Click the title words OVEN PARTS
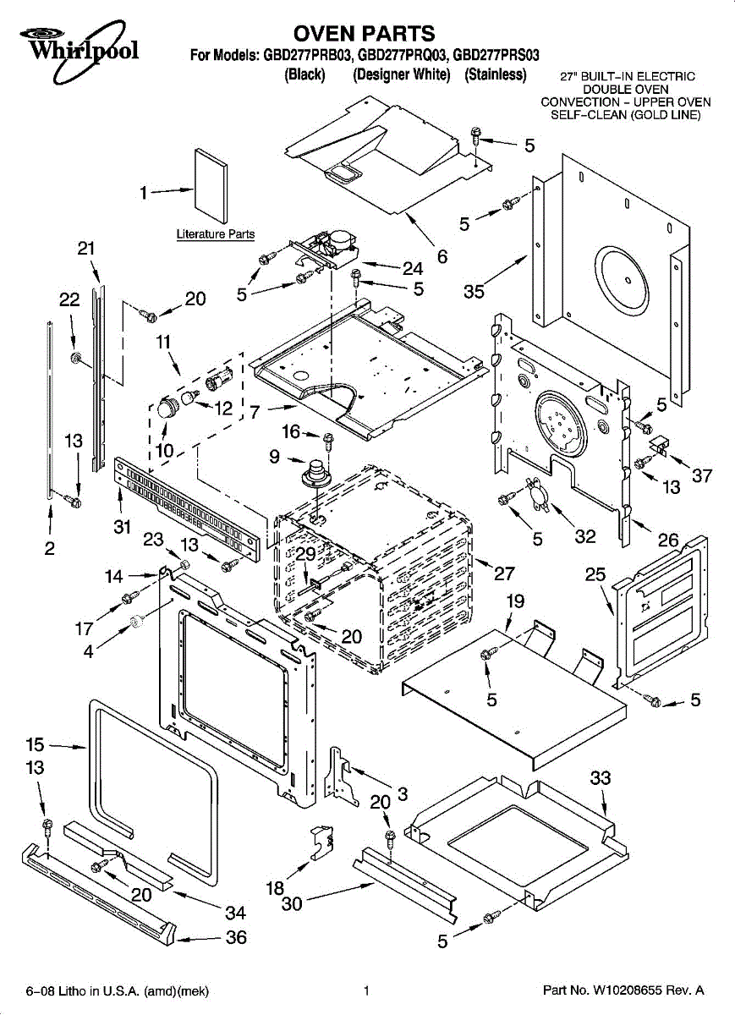(x=364, y=34)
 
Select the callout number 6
(x=442, y=256)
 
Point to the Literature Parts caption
(x=216, y=234)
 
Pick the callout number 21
(x=86, y=249)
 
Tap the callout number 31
(x=121, y=526)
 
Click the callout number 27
(x=504, y=573)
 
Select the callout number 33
(x=600, y=777)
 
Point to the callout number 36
(x=236, y=937)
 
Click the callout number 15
(x=35, y=745)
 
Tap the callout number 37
(x=702, y=475)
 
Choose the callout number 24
(x=413, y=268)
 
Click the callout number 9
(x=275, y=457)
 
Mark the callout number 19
(x=515, y=601)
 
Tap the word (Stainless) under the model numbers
(x=495, y=74)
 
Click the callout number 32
(x=585, y=536)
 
